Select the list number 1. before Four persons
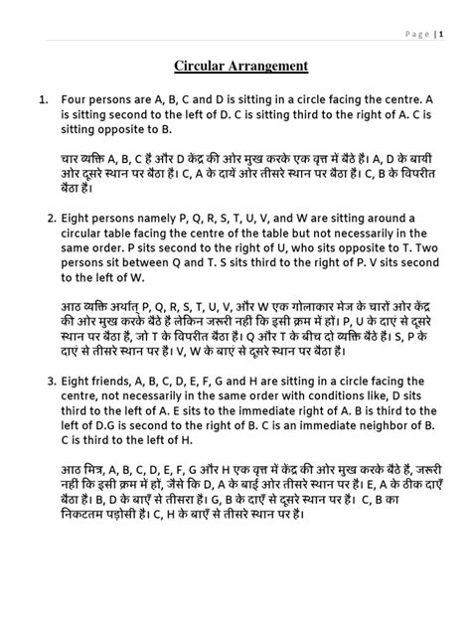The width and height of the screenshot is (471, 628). pos(44,100)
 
